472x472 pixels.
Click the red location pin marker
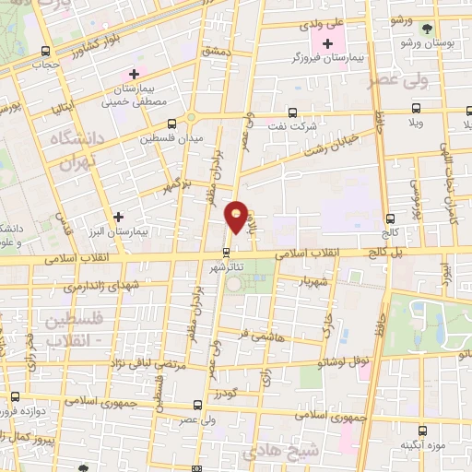237,217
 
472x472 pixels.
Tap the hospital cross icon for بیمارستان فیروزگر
327,43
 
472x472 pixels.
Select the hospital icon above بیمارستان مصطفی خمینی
135,74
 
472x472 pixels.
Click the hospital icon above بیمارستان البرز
118,217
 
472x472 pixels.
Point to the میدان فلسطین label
171,139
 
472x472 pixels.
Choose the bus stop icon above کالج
391,218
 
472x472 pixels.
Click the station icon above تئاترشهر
226,252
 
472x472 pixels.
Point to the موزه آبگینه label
423,445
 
